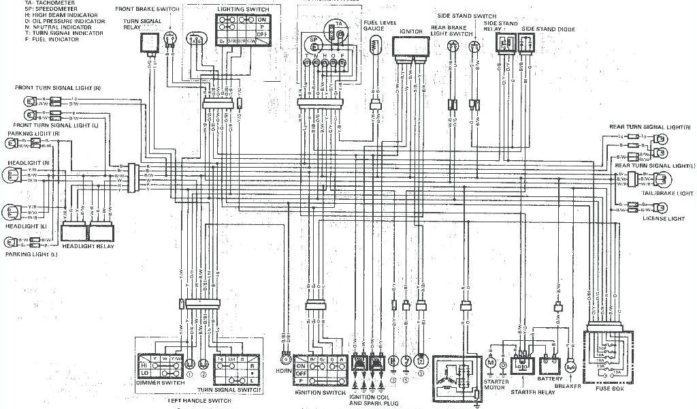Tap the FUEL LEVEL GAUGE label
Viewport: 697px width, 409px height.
pyautogui.click(x=376, y=25)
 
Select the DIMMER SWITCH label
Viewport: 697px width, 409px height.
pyautogui.click(x=159, y=384)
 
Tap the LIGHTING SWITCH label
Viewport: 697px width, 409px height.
pyautogui.click(x=243, y=10)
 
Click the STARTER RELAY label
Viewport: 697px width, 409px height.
pyautogui.click(x=526, y=393)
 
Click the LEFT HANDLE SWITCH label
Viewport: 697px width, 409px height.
pyautogui.click(x=200, y=401)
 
